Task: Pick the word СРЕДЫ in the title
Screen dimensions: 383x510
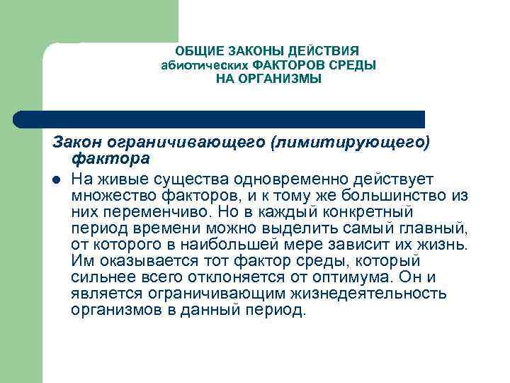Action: (x=356, y=65)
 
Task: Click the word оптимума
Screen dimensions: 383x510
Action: (x=356, y=277)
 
